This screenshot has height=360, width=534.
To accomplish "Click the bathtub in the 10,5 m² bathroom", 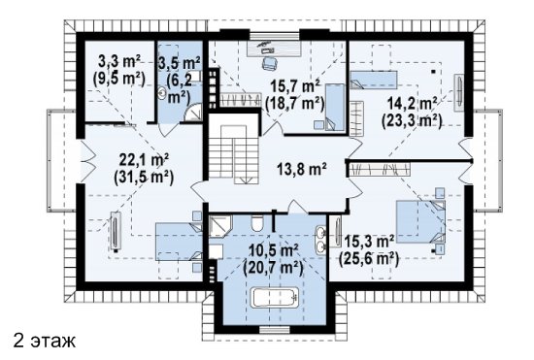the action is click(x=275, y=298).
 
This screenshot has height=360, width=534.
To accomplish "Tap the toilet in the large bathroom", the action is click(x=256, y=223).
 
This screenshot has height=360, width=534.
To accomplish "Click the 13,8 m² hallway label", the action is click(x=302, y=169).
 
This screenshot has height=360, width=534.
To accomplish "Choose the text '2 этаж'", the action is click(x=45, y=341).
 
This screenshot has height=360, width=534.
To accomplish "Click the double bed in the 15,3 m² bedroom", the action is click(x=420, y=222).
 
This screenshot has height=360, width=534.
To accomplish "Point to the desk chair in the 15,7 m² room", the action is click(x=269, y=63).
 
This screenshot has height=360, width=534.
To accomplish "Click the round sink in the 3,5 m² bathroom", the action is click(x=162, y=93).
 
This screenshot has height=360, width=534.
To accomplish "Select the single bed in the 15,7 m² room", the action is click(x=335, y=107).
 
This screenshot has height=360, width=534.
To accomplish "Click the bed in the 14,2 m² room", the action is click(x=374, y=80).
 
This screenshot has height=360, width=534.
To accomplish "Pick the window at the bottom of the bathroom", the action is click(x=275, y=329).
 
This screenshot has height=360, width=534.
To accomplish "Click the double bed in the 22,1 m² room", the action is click(x=180, y=242).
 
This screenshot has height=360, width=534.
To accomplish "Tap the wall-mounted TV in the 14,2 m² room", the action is click(x=458, y=92).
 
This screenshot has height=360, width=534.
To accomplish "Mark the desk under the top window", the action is click(x=274, y=48).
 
